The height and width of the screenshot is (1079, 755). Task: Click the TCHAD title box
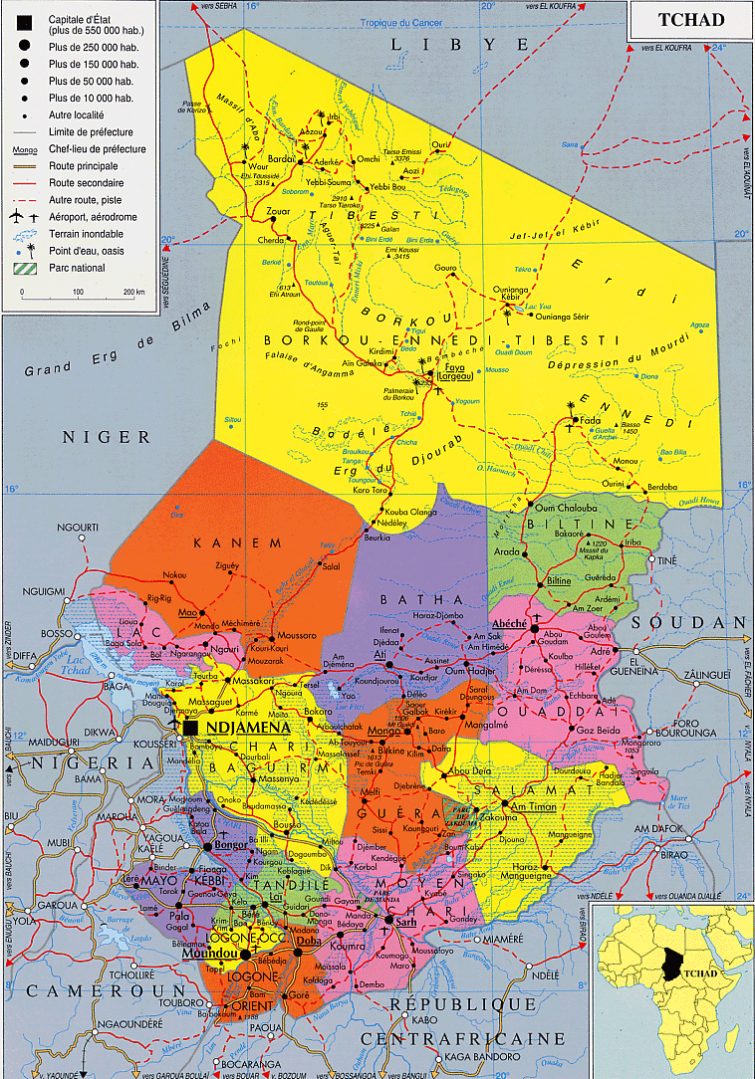click(x=690, y=20)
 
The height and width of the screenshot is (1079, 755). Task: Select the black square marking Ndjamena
click(x=189, y=730)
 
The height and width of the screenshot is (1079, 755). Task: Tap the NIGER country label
click(x=106, y=437)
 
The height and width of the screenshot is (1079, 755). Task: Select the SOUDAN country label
click(x=703, y=622)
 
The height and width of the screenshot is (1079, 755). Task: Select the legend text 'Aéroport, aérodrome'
click(x=93, y=216)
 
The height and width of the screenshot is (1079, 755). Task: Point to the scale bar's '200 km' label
click(x=133, y=293)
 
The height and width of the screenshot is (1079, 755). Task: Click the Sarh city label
click(x=405, y=922)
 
